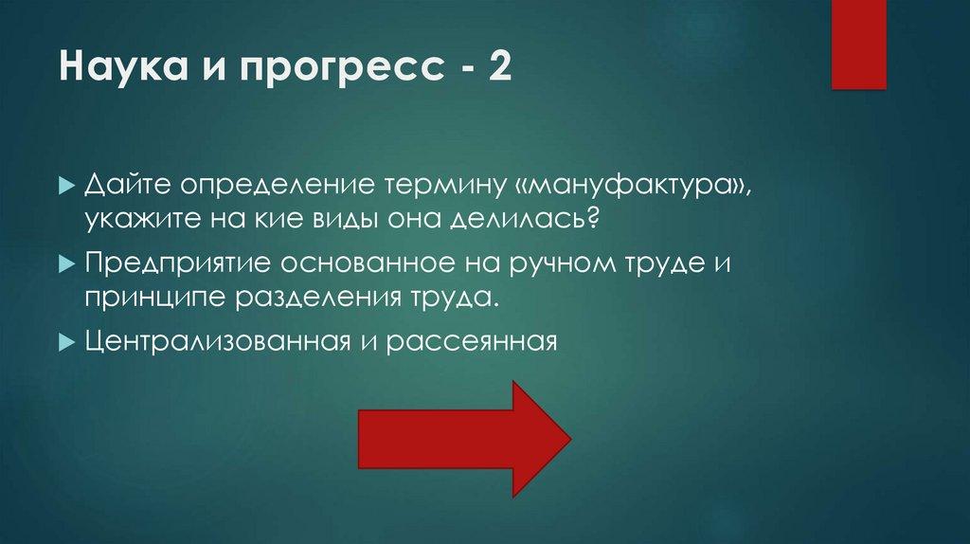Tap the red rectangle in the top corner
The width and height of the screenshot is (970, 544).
tap(858, 44)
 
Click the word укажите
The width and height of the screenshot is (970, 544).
tap(135, 220)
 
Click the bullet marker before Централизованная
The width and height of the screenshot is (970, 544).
tap(64, 340)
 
